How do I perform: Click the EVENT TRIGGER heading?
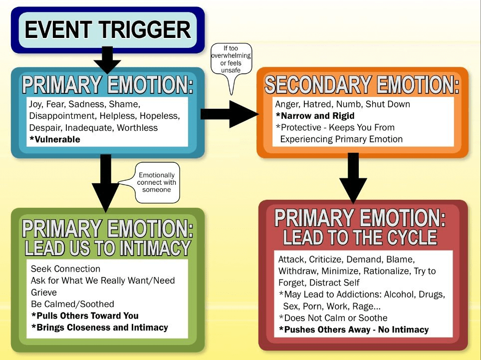(107, 30)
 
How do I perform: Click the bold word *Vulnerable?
(55, 139)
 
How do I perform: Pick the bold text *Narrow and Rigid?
(315, 116)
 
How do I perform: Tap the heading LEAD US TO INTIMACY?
(108, 248)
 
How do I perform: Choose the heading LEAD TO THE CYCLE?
(360, 238)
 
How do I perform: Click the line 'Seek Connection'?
(65, 269)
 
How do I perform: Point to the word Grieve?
(44, 292)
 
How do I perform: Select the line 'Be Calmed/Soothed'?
(72, 304)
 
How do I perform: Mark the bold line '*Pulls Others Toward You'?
(84, 316)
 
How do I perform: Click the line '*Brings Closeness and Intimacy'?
(99, 328)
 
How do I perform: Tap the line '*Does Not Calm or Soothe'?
(333, 318)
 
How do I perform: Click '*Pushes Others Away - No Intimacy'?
(353, 330)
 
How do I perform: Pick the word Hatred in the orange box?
(320, 104)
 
